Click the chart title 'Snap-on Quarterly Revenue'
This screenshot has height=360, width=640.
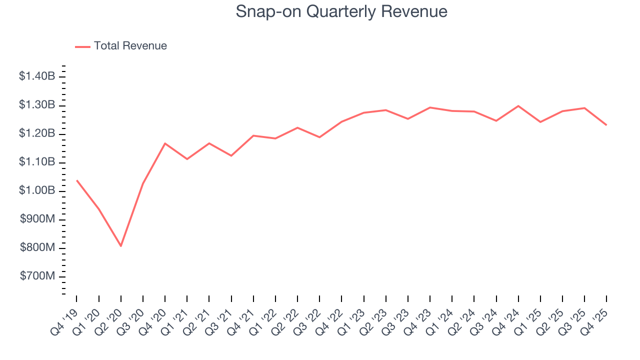pyautogui.click(x=341, y=12)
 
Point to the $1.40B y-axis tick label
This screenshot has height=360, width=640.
pyautogui.click(x=36, y=76)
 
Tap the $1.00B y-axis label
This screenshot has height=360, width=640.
pyautogui.click(x=36, y=191)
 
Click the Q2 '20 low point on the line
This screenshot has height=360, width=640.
pyautogui.click(x=121, y=246)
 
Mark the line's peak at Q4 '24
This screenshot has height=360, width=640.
pyautogui.click(x=518, y=106)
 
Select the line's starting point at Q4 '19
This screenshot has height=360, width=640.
pyautogui.click(x=77, y=180)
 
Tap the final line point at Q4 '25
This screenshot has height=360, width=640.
pyautogui.click(x=606, y=125)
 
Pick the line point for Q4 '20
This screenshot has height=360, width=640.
pyautogui.click(x=165, y=143)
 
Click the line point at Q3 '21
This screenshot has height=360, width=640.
pyautogui.click(x=231, y=155)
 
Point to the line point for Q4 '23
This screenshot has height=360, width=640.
pyautogui.click(x=430, y=107)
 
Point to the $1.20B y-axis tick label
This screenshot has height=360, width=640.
pyautogui.click(x=36, y=134)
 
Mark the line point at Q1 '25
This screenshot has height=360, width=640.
pyautogui.click(x=540, y=122)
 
